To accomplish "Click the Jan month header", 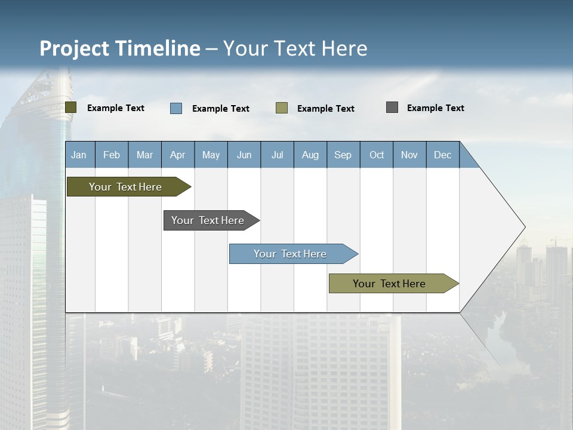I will [79, 155].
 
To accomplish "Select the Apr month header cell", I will [178, 155].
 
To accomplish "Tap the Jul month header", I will [277, 155].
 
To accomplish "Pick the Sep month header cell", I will [343, 155].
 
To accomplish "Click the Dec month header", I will [442, 155].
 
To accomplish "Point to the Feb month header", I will [112, 155].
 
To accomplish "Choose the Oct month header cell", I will [377, 155].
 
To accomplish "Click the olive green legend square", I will [71, 107].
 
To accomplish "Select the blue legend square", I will [176, 108].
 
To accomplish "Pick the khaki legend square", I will [282, 107].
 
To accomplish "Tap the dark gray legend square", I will [392, 107].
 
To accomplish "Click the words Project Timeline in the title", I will [120, 48].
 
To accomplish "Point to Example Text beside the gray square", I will [435, 108].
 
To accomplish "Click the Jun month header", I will [244, 155].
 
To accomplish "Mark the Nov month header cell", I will [409, 155].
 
